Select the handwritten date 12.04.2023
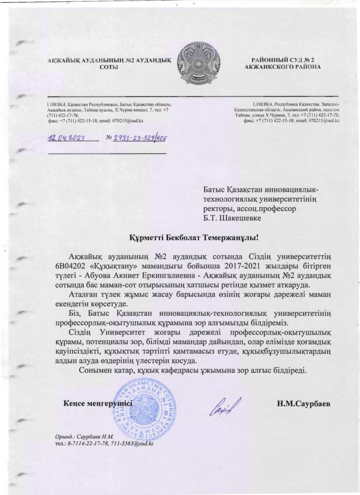click(x=66, y=138)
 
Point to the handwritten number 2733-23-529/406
click(x=139, y=138)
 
